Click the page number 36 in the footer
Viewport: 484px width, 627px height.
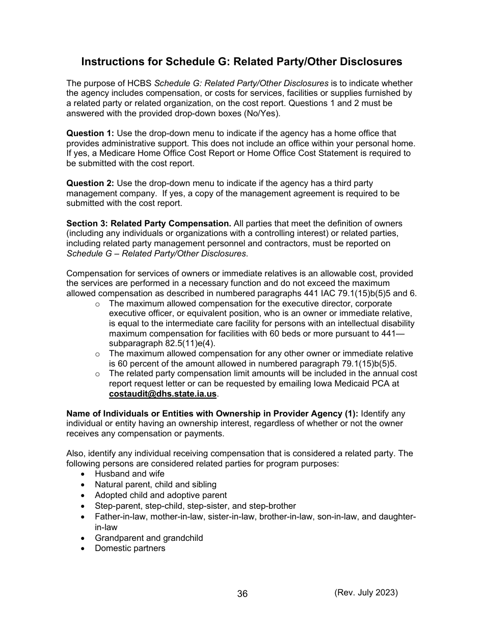click(243, 594)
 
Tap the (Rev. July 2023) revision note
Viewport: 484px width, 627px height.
click(366, 592)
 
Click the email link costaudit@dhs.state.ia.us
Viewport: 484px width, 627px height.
click(163, 394)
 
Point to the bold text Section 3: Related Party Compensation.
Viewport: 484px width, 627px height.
click(149, 223)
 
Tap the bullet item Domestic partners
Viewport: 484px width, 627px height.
click(130, 548)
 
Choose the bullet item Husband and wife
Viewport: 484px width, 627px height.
click(129, 474)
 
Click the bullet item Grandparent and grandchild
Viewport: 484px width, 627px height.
click(149, 538)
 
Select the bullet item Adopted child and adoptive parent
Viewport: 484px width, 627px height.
click(160, 495)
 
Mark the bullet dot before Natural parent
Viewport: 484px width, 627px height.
click(83, 485)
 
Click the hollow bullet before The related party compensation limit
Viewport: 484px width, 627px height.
click(97, 374)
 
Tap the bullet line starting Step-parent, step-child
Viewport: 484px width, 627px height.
click(195, 506)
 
